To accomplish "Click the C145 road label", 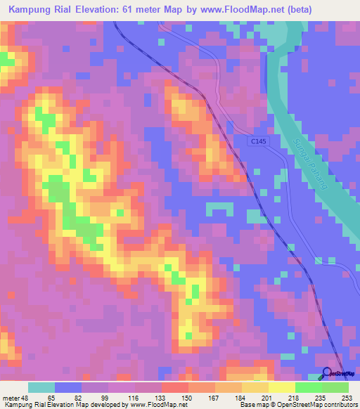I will coord(259,141).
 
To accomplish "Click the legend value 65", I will coord(52,397).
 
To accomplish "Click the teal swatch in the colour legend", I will coord(41,387).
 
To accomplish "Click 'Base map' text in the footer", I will coord(252,405).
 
